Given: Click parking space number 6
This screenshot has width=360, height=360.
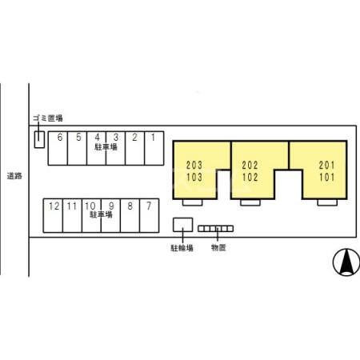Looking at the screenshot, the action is (x=58, y=148).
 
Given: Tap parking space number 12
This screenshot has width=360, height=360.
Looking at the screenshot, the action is (x=53, y=216).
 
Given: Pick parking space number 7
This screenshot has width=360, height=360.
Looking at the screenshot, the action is (x=150, y=216).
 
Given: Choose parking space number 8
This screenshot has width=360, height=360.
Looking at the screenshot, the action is (x=130, y=216).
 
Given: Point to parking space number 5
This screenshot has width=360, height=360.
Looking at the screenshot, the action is (x=77, y=148).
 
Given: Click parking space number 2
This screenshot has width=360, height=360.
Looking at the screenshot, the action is (x=134, y=148).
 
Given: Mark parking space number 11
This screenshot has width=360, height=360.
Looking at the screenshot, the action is (x=72, y=216).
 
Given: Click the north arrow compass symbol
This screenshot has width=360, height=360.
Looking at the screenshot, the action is (x=346, y=262).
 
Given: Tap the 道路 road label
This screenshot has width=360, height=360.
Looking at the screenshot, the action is (x=14, y=176).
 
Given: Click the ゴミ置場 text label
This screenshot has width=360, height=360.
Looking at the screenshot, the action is (x=48, y=118).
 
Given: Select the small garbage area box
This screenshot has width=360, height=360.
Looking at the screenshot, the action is (x=39, y=139).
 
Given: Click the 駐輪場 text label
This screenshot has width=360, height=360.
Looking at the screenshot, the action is (x=182, y=248).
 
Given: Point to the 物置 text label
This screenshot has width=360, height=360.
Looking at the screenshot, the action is (x=218, y=248).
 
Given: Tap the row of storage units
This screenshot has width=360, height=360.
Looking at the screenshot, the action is (x=216, y=229).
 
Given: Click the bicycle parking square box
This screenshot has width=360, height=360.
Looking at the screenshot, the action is (x=183, y=225).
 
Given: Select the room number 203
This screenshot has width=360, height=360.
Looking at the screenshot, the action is (x=194, y=166).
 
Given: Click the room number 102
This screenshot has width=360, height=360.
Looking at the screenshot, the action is (x=250, y=178).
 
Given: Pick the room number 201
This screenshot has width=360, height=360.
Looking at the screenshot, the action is (x=326, y=166).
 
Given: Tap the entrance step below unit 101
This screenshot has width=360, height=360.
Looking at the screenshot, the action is (x=327, y=202).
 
